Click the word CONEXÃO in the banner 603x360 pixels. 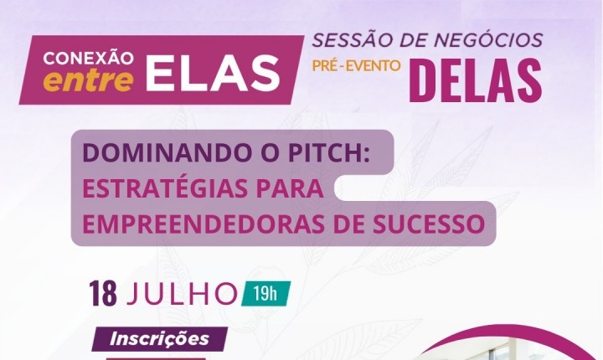point(89,58)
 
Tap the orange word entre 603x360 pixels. point(88,80)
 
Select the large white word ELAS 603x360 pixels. point(213,73)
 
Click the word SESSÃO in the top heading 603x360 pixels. point(352,40)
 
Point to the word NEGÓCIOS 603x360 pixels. point(489,39)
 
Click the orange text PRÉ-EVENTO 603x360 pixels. point(356,66)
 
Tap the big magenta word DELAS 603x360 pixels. point(476,81)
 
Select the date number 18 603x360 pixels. point(103,294)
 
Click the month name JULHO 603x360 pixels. point(182,294)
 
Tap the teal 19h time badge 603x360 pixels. point(265,294)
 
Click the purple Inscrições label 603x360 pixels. point(160,339)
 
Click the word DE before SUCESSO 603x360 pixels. point(348,224)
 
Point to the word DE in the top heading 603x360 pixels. point(414,40)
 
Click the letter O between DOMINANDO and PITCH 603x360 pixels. point(271,152)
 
